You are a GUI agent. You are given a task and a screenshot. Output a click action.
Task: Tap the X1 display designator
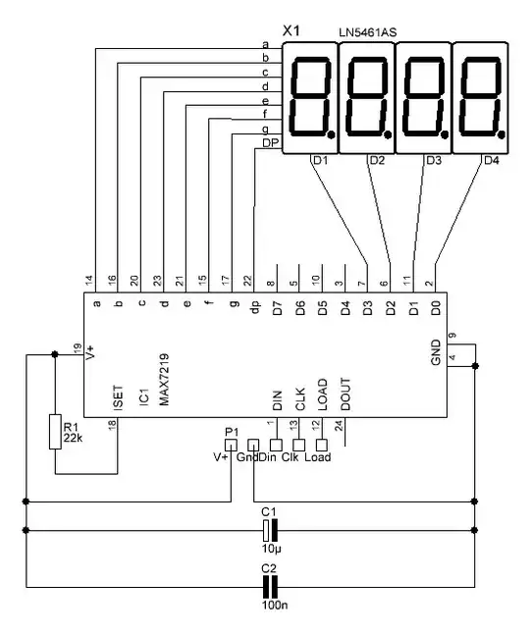tap(291, 30)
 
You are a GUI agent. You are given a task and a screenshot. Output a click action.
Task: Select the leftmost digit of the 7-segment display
tap(310, 97)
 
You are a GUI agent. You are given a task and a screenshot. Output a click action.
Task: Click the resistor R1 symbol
tap(56, 431)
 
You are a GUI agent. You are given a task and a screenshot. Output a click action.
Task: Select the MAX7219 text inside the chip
tap(165, 382)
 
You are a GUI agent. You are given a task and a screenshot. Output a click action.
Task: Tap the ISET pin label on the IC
tap(118, 397)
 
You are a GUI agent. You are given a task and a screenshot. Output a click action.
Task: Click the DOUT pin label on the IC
tap(344, 397)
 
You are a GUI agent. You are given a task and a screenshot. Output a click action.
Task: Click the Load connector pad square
tap(320, 445)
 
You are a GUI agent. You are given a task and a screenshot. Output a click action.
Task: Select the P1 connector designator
tap(232, 431)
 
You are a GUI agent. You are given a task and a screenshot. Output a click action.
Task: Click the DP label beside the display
tap(269, 144)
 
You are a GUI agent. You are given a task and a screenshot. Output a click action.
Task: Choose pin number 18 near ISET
tap(111, 424)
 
